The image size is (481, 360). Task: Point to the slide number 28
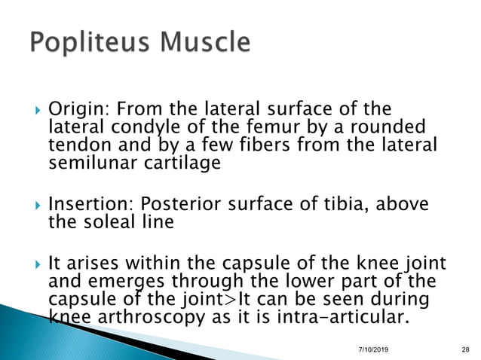464,347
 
